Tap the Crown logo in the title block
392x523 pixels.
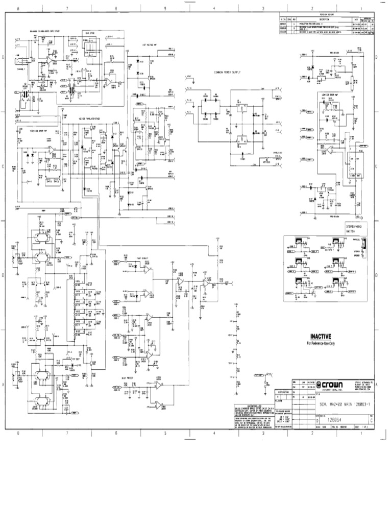(x=332, y=385)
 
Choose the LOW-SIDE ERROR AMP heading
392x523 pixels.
(x=334, y=95)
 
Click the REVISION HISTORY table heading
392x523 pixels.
(x=326, y=15)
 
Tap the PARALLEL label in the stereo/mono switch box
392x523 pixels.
(x=355, y=244)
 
